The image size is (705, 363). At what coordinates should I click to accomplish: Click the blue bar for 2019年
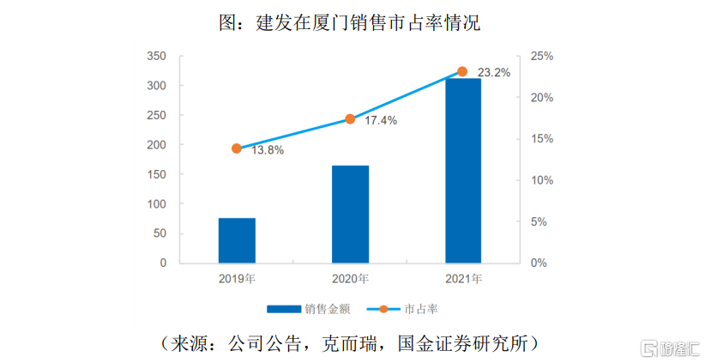(x=237, y=240)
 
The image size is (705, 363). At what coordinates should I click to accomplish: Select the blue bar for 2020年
(x=350, y=214)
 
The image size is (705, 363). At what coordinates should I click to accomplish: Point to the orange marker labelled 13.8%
(x=237, y=148)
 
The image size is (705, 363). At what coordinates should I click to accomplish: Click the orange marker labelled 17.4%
(x=350, y=119)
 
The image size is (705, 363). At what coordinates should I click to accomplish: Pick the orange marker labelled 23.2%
(x=462, y=71)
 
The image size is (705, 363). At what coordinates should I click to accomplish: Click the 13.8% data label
(x=268, y=150)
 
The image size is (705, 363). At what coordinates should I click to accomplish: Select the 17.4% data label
(x=381, y=121)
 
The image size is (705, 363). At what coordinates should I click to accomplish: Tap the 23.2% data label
(x=494, y=73)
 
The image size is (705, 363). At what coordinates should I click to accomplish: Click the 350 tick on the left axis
(x=156, y=57)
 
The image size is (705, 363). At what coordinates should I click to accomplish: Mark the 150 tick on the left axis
(x=156, y=175)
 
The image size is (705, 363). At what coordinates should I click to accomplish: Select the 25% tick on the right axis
(x=543, y=57)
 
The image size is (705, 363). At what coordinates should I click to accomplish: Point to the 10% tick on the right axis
(x=543, y=180)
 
